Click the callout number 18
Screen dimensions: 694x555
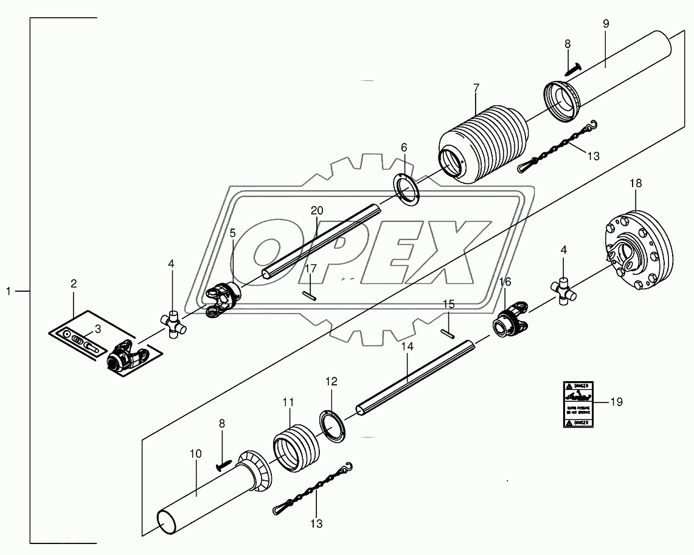[x=635, y=183]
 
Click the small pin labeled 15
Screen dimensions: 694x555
[x=449, y=331]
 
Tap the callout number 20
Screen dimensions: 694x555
[x=316, y=211]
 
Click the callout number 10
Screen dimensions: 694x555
[x=195, y=453]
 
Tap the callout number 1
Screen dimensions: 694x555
[x=9, y=292]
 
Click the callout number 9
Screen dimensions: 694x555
[x=606, y=24]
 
